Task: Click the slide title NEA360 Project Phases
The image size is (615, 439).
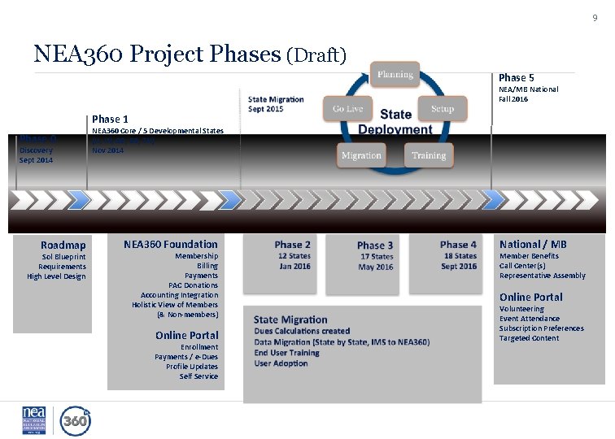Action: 158,54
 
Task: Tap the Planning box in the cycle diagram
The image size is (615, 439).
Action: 395,75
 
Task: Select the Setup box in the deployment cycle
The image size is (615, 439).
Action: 443,109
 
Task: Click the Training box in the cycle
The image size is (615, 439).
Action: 429,154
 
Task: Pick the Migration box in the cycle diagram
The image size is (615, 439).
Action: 361,154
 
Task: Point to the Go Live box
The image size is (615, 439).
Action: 348,109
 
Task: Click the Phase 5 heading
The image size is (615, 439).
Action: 516,78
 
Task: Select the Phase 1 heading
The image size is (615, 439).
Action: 110,119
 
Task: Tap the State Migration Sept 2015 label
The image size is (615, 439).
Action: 277,104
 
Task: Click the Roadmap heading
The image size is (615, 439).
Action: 63,245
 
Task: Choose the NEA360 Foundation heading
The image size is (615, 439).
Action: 171,244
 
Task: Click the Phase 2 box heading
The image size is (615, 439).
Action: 292,245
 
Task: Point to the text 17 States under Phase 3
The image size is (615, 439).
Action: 376,257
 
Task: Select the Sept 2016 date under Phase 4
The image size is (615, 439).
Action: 459,267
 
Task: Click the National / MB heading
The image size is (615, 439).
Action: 533,244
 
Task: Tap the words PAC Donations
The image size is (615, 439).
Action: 193,285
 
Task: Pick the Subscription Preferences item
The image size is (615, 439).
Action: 541,328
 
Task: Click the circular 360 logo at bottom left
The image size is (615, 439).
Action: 75,420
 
